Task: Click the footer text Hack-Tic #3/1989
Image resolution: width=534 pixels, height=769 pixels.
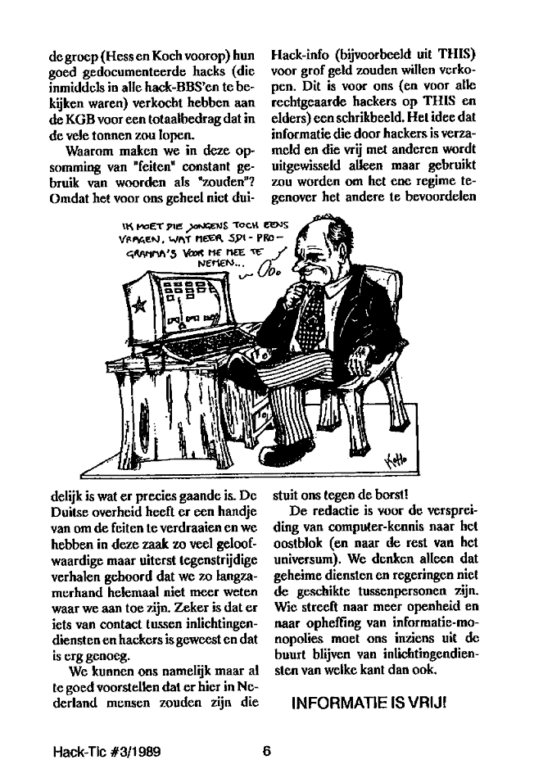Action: point(102,751)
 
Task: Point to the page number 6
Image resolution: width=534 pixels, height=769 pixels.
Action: point(267,751)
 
